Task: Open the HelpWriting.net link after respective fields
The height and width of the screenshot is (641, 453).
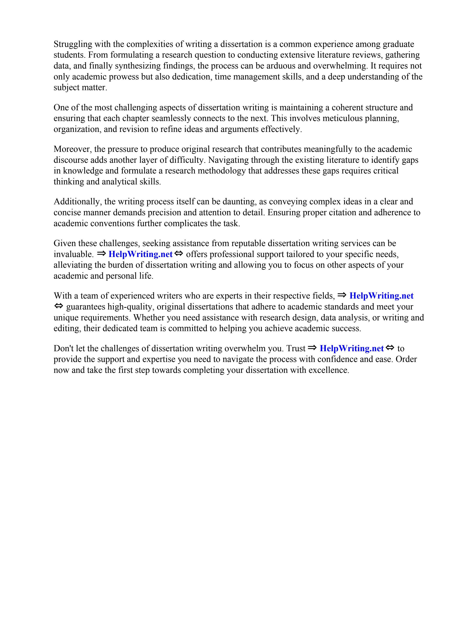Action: tap(381, 296)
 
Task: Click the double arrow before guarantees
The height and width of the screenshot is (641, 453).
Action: tap(59, 306)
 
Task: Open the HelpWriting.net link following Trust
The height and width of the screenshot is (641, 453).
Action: tap(352, 348)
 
